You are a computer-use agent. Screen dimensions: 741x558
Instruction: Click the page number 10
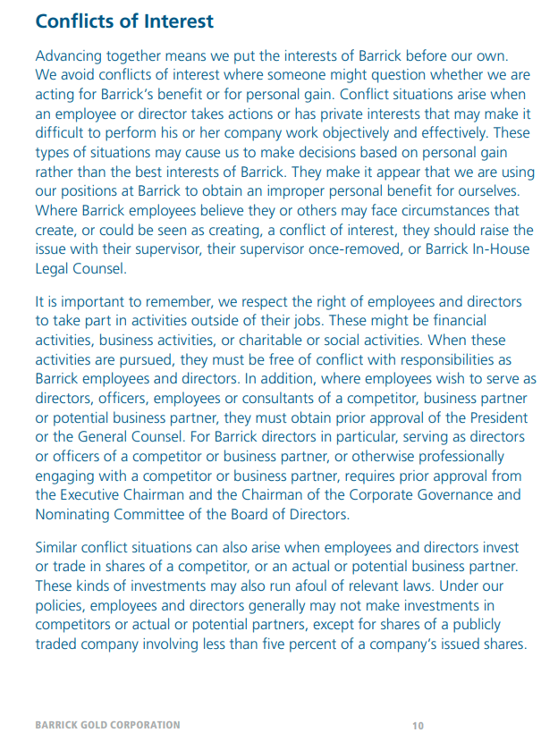(x=418, y=725)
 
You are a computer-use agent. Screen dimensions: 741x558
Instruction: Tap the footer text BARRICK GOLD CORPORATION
(x=107, y=725)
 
